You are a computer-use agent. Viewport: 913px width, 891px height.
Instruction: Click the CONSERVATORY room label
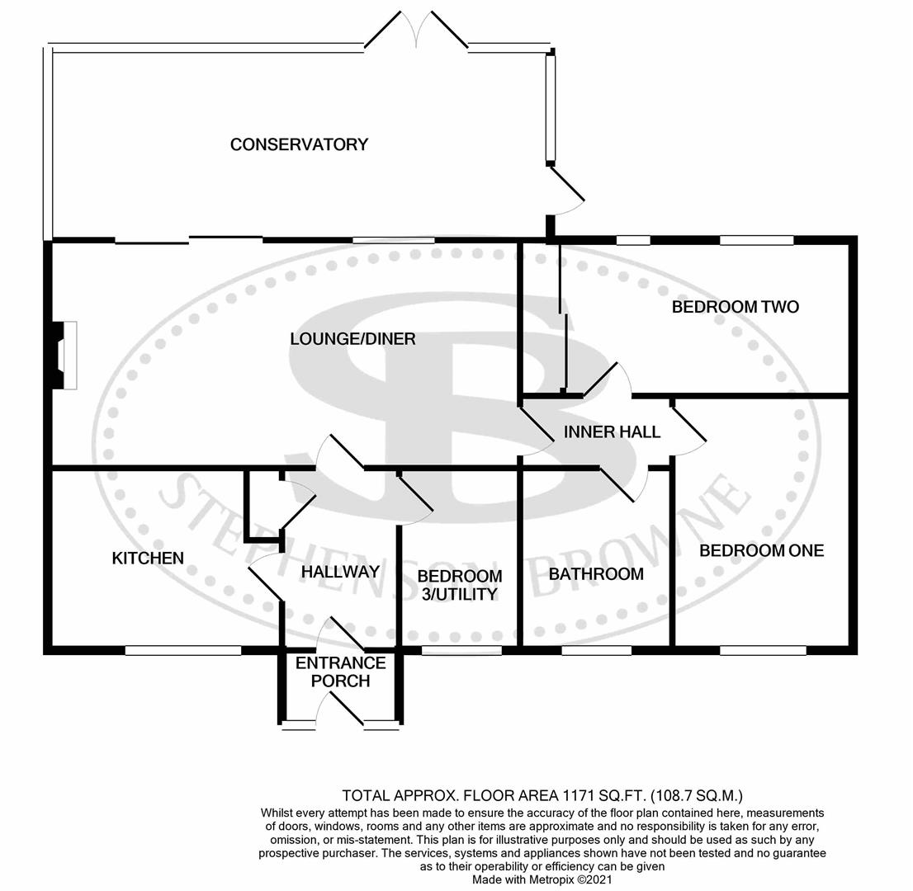click(299, 144)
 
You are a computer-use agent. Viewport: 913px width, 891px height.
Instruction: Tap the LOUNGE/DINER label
click(352, 339)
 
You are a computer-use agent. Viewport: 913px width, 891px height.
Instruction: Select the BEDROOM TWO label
click(735, 307)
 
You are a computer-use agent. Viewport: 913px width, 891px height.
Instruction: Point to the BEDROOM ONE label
click(761, 550)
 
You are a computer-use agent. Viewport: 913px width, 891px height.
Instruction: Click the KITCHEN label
click(148, 559)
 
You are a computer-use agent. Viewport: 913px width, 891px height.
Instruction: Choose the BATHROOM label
click(596, 574)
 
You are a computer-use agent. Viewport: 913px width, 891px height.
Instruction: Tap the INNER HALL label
click(612, 431)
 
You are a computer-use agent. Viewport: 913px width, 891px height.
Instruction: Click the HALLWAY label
click(340, 571)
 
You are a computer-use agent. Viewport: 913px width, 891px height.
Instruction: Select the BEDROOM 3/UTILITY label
click(460, 585)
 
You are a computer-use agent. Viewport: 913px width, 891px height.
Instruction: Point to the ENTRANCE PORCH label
click(341, 672)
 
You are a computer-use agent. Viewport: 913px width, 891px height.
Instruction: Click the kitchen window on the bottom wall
click(182, 650)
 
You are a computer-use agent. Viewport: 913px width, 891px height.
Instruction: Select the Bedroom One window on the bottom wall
click(763, 650)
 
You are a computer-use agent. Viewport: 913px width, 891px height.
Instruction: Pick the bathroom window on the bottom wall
click(597, 650)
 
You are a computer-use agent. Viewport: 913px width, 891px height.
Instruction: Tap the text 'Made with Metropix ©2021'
click(542, 880)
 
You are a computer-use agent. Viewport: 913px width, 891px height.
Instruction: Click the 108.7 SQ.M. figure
click(697, 796)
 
